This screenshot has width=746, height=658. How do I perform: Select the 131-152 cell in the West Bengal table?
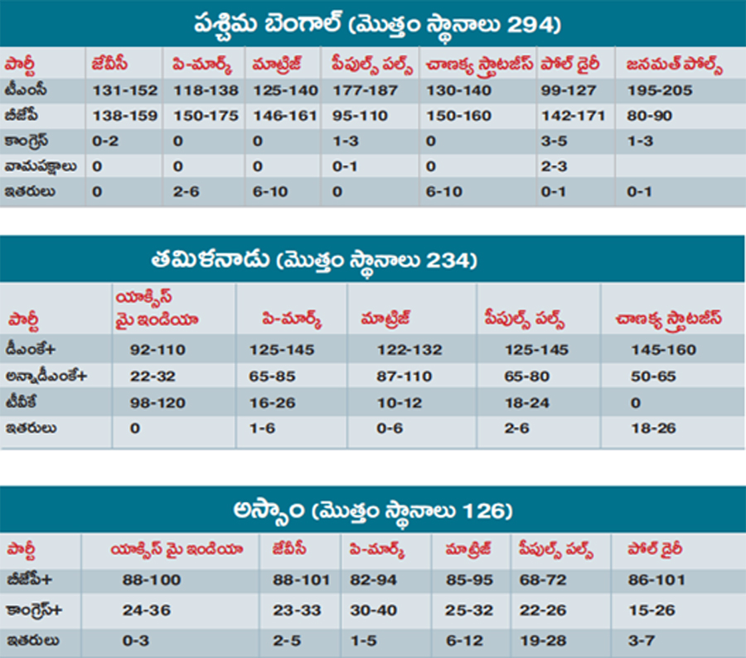coord(124,90)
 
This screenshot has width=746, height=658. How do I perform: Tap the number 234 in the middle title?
coord(451,262)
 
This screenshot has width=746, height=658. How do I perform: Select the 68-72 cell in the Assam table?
coord(542,580)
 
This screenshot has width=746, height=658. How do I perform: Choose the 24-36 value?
coord(147,611)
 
